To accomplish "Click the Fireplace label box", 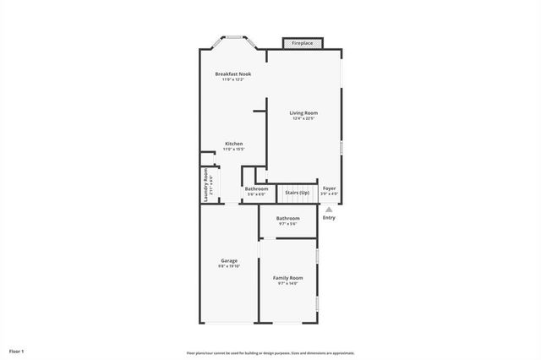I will [302, 43].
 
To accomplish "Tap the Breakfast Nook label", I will [232, 74].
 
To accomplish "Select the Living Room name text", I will [303, 113].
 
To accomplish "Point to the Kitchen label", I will [233, 144].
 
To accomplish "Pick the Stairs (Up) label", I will [297, 192].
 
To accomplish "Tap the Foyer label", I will [330, 188].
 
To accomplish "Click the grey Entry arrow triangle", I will [329, 209].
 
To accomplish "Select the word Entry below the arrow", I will [329, 218].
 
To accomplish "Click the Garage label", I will [229, 260].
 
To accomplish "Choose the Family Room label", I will [287, 277].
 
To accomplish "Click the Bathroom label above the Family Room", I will [287, 218].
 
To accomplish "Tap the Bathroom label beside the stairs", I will [256, 188].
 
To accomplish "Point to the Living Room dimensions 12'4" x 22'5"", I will [303, 119].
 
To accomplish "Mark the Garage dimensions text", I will [229, 266].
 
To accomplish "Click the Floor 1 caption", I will [17, 351].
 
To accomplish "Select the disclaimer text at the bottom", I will [270, 353].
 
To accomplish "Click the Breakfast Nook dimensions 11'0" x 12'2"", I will [232, 80].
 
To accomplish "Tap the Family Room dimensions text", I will [287, 283].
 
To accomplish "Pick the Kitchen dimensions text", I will [233, 150].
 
